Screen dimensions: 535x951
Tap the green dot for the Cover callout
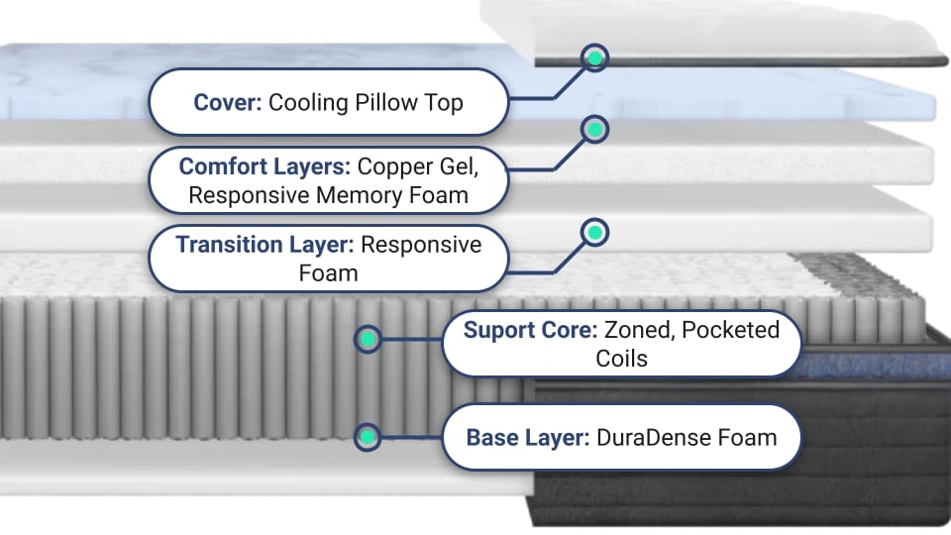click(594, 57)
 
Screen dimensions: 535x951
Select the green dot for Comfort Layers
click(594, 130)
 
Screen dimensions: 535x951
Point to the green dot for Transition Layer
click(594, 233)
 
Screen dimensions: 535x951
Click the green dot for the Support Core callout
click(368, 340)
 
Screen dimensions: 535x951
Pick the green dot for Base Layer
click(368, 436)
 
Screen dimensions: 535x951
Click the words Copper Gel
click(417, 166)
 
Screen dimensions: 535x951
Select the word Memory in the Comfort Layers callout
click(366, 194)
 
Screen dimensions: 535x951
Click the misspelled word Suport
click(501, 330)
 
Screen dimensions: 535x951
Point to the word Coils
click(621, 358)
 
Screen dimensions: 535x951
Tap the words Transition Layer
click(264, 244)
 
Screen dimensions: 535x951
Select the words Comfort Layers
click(264, 166)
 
